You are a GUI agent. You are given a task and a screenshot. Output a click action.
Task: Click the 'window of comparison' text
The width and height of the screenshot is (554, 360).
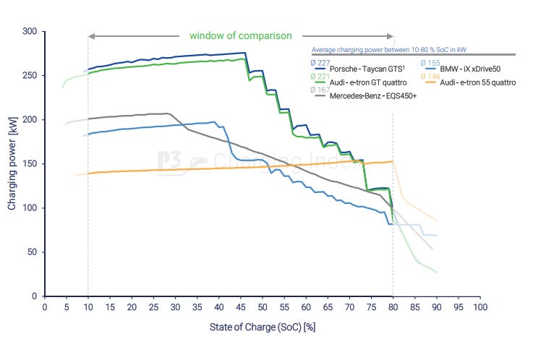point(240,35)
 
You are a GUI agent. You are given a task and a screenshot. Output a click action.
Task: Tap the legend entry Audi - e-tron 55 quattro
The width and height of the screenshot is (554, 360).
point(477,82)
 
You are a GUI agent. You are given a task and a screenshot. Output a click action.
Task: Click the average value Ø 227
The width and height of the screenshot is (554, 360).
point(319,61)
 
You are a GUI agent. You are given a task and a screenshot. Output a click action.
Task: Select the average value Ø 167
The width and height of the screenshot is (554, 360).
point(319,90)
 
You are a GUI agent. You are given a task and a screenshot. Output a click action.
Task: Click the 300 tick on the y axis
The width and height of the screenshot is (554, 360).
point(30,32)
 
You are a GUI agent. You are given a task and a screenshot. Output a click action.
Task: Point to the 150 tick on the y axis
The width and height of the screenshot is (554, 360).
point(30,164)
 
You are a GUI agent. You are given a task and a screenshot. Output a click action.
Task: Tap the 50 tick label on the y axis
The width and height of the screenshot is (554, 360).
point(32,252)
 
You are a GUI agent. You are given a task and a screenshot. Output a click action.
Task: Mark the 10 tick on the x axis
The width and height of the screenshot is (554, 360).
point(88,307)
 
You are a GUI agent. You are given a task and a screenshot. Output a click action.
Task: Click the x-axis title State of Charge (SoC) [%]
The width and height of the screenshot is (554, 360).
point(263,326)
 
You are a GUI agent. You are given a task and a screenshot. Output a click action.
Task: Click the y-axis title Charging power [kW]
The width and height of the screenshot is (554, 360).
point(12,164)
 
